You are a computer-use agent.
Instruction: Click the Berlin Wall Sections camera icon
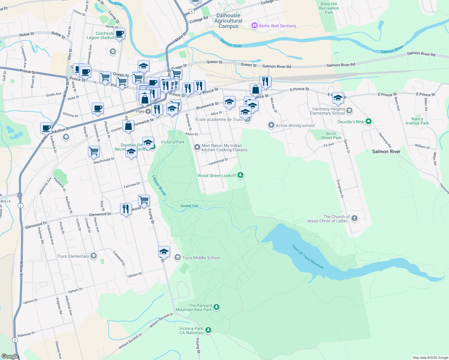[255, 25]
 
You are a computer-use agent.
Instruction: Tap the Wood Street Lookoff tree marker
[240, 175]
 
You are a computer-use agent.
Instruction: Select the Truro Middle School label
[201, 258]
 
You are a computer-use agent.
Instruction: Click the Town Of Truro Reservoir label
[308, 257]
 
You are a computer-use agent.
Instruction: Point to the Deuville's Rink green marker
[369, 121]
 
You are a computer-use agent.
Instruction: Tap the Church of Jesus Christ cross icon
[354, 218]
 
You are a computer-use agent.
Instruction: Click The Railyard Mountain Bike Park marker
[216, 307]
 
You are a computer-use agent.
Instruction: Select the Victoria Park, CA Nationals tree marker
[208, 330]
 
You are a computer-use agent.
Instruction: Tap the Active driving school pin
[271, 125]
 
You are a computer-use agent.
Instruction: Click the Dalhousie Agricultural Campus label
[228, 21]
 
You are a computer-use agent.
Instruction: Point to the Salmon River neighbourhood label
[386, 151]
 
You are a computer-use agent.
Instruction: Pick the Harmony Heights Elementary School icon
[349, 111]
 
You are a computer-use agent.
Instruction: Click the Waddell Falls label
[189, 206]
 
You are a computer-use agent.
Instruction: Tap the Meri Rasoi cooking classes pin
[197, 147]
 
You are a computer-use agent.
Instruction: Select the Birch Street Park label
[331, 136]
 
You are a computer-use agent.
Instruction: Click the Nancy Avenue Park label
[417, 121]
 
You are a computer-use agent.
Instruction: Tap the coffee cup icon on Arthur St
[46, 128]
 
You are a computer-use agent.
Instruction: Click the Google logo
[10, 356]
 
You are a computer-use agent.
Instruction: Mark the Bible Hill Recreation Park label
[329, 8]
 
